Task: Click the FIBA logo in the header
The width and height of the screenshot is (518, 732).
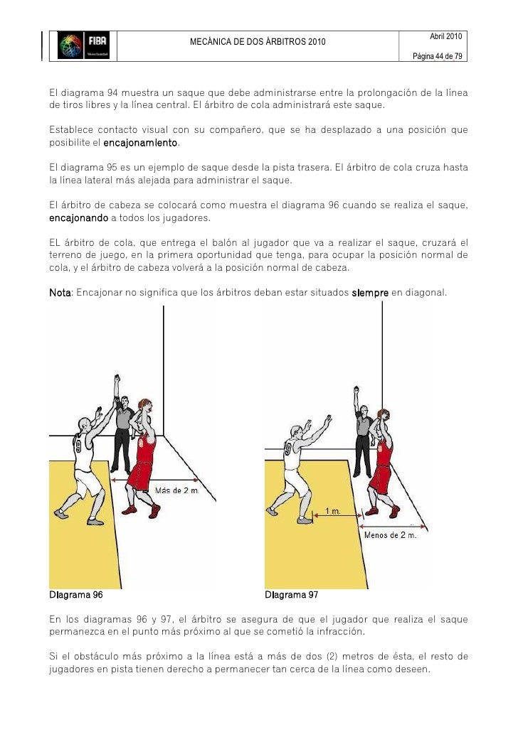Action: click(83, 45)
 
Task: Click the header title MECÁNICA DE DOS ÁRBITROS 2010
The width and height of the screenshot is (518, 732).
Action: click(258, 43)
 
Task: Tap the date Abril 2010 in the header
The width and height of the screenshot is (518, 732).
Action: click(446, 36)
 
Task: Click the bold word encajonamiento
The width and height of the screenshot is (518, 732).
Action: click(141, 144)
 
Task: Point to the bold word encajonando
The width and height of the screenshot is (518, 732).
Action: click(78, 217)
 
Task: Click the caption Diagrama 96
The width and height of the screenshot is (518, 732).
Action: click(76, 595)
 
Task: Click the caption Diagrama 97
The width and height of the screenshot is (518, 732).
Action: click(292, 595)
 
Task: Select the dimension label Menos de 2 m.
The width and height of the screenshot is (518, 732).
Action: click(389, 535)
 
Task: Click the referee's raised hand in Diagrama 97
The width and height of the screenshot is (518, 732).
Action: click(356, 390)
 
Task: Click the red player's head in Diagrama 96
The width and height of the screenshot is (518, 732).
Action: click(144, 407)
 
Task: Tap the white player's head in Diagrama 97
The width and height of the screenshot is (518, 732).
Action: click(296, 433)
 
